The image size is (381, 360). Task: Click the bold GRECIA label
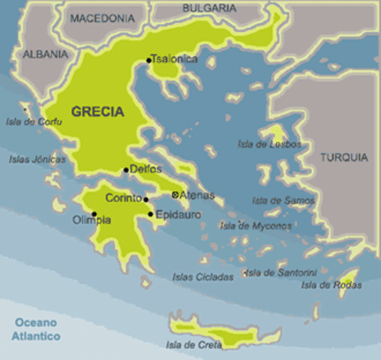(97, 111)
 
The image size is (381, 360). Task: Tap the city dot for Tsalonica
(148, 59)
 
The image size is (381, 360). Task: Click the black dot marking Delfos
(126, 169)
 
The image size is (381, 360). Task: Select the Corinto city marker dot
(145, 199)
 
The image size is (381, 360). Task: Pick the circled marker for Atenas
(175, 195)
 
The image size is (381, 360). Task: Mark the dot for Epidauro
(151, 214)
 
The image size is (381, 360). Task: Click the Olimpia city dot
(94, 214)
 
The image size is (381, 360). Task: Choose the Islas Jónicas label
(37, 159)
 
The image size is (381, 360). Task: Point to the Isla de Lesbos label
(269, 143)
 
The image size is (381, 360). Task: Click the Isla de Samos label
(283, 200)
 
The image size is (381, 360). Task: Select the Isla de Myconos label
(256, 226)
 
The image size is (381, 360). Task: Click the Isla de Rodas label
(331, 284)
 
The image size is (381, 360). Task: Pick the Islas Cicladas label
(202, 276)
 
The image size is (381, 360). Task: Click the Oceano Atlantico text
(36, 330)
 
